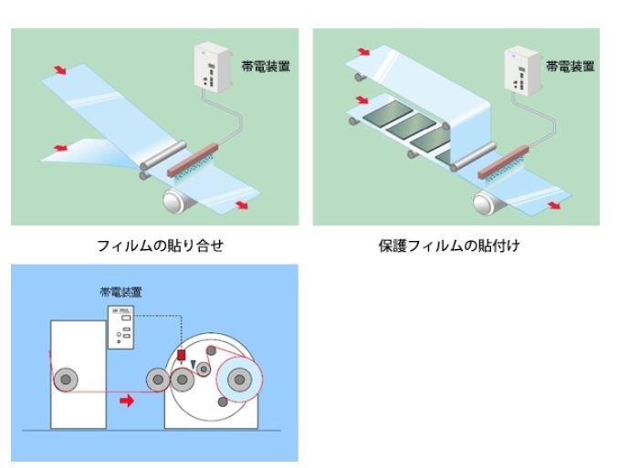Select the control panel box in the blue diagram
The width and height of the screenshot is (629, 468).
[x=121, y=327]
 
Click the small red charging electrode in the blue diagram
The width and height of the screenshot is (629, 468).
[x=181, y=354]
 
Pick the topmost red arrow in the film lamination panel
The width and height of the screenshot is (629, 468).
[x=59, y=69]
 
